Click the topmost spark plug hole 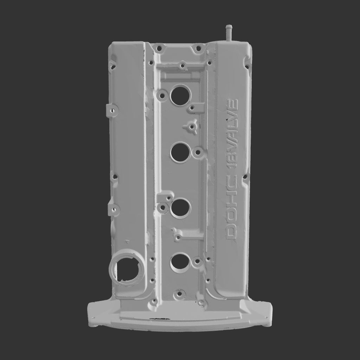[x=181, y=96]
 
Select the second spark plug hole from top [x=180, y=153]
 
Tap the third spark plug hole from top [x=180, y=208]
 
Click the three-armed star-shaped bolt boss [x=191, y=127]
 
